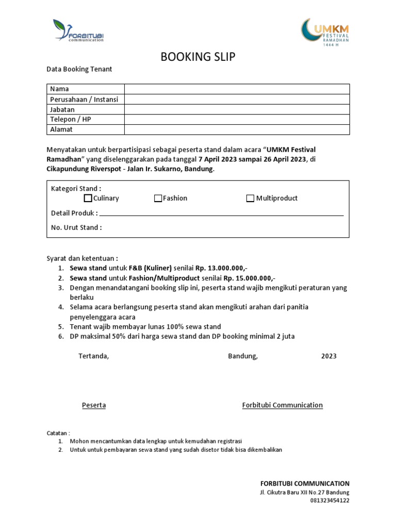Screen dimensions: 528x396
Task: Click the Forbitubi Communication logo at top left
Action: click(x=78, y=30)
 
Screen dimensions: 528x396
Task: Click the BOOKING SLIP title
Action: click(x=198, y=57)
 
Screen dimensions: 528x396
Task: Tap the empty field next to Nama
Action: click(x=237, y=89)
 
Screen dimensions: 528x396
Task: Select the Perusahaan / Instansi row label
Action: click(x=84, y=99)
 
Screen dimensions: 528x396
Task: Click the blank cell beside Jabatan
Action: click(x=237, y=109)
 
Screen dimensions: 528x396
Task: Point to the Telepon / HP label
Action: click(x=71, y=119)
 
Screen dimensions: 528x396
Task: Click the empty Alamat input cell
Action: click(x=237, y=129)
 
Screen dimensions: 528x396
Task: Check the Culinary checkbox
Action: click(x=88, y=199)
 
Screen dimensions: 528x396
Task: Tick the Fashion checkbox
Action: click(x=158, y=199)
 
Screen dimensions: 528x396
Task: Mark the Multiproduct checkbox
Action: click(x=251, y=199)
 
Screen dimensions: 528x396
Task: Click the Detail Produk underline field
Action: click(x=221, y=213)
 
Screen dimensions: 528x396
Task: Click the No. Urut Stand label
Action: click(x=76, y=227)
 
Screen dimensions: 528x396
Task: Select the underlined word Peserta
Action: click(x=94, y=405)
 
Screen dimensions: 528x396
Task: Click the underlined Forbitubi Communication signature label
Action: click(x=283, y=405)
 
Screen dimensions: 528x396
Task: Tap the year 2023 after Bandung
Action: click(x=329, y=356)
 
